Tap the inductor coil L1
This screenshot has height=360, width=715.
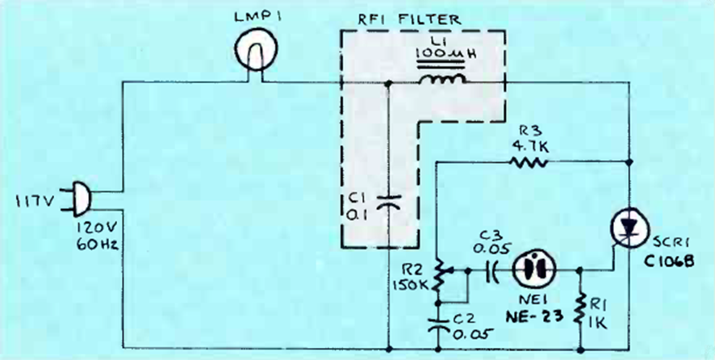tap(443, 80)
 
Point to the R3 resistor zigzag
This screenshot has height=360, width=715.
tap(528, 161)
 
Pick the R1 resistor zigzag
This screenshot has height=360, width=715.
tap(580, 310)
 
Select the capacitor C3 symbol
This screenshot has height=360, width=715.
tap(491, 270)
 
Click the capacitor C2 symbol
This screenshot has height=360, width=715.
tap(437, 323)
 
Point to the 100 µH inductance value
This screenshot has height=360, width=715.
tap(443, 52)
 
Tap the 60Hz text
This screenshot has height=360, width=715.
tap(97, 245)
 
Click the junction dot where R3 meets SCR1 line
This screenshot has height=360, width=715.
tap(629, 162)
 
